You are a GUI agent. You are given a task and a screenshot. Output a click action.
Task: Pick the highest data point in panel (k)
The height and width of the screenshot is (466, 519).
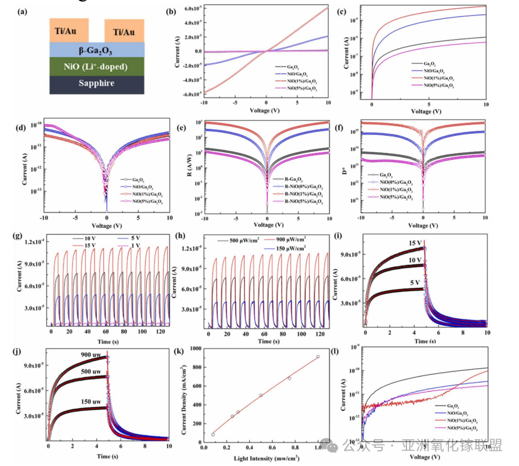click(317, 356)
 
